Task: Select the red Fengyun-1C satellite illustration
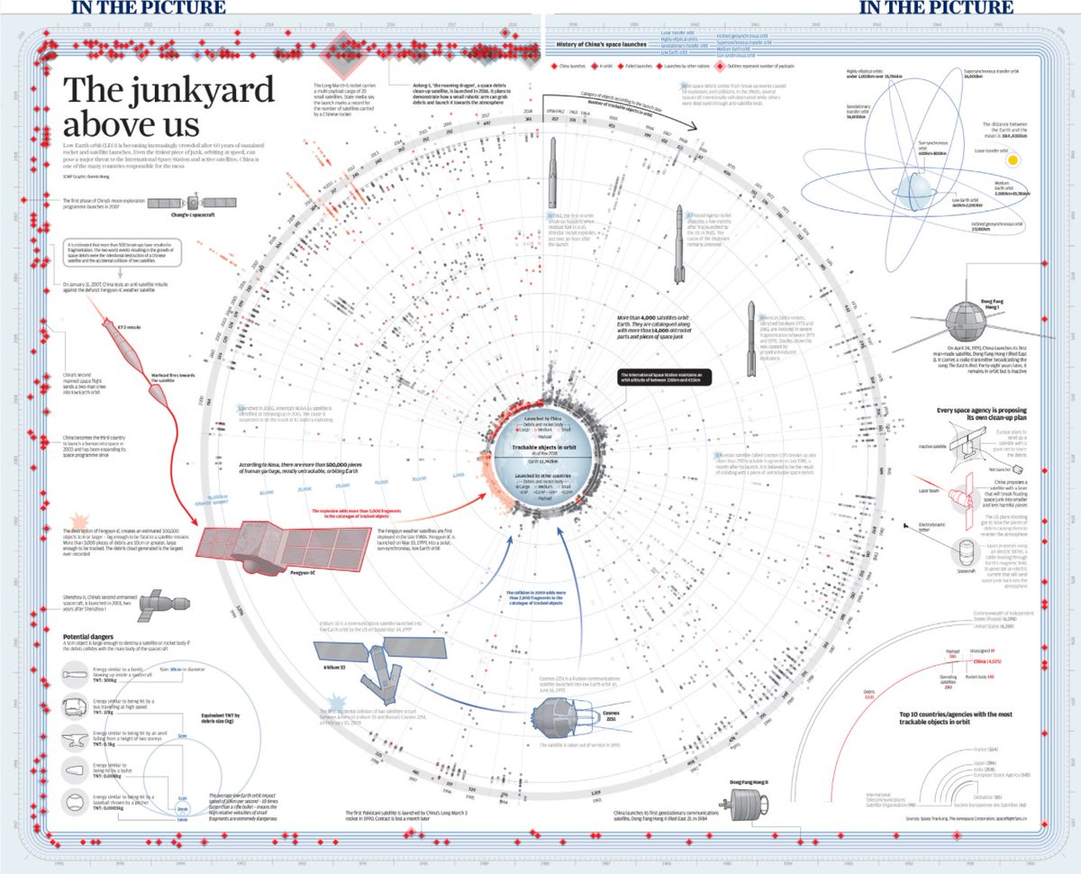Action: tap(271, 540)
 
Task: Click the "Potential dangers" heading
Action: tap(94, 638)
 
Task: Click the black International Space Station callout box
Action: tap(666, 378)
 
